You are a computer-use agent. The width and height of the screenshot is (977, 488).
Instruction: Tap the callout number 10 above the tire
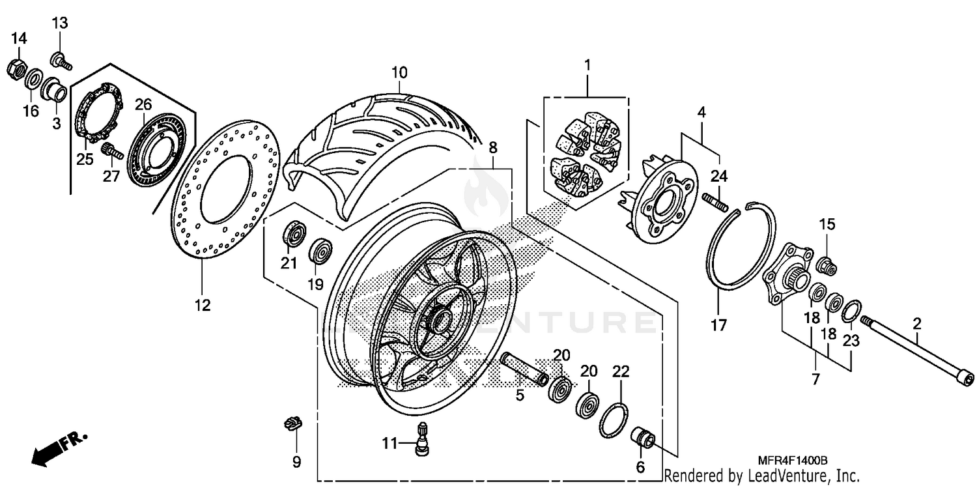coord(399,72)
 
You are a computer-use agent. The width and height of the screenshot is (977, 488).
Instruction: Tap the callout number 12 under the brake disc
coord(203,304)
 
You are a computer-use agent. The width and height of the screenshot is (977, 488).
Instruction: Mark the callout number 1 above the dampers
coord(587,65)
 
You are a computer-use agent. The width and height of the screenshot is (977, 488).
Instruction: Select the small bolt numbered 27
coord(111,152)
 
